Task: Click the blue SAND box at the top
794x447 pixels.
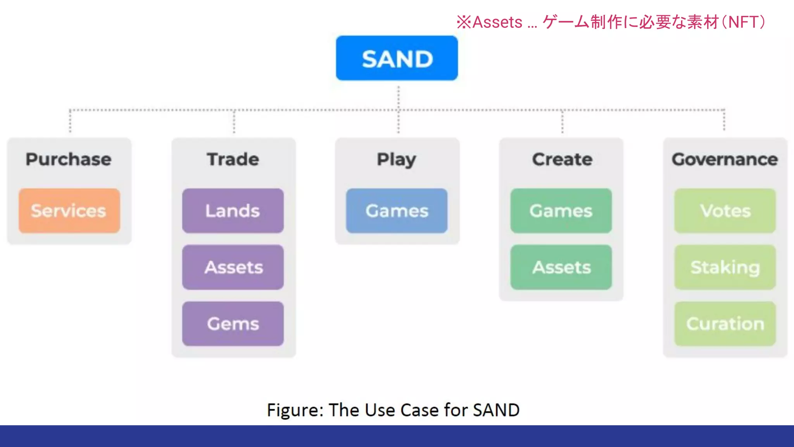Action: (x=397, y=58)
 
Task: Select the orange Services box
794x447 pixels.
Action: (x=69, y=211)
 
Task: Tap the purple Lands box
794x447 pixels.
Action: (x=233, y=211)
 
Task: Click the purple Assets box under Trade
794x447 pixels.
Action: (x=233, y=267)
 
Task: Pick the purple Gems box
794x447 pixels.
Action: (x=233, y=324)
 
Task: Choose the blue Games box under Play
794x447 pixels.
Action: (x=397, y=211)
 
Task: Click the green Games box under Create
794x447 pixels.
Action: (x=561, y=211)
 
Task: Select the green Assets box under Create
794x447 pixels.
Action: (x=561, y=267)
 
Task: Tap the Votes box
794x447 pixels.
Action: (x=725, y=211)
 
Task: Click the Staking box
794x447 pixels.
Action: (x=725, y=267)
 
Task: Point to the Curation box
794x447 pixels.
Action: (x=725, y=324)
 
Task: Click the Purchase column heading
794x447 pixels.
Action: (x=69, y=159)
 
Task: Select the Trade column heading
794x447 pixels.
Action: (x=233, y=159)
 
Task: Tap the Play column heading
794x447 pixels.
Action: (x=397, y=159)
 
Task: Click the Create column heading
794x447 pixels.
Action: (x=562, y=159)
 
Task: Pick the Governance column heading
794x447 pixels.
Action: (x=725, y=159)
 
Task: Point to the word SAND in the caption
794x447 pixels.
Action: (x=496, y=410)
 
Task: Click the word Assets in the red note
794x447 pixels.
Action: (x=497, y=22)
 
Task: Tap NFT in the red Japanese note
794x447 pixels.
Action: (x=743, y=22)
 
